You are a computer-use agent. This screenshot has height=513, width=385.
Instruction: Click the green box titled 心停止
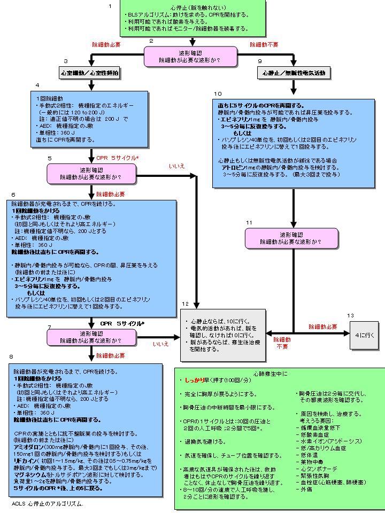click(x=193, y=18)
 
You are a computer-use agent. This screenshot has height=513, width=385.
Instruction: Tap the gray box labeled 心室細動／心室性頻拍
click(x=90, y=72)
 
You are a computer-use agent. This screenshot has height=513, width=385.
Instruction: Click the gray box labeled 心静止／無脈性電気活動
click(x=294, y=72)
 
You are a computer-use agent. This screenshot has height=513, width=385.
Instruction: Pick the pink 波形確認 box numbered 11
click(x=291, y=238)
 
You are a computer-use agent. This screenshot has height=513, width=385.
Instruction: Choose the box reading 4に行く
click(x=365, y=335)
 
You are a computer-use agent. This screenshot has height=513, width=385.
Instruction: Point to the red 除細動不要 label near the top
click(x=264, y=45)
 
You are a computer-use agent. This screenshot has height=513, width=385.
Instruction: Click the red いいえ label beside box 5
click(x=176, y=166)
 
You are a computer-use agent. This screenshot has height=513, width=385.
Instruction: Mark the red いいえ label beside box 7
click(x=161, y=344)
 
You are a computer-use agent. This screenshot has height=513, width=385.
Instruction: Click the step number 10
click(x=218, y=94)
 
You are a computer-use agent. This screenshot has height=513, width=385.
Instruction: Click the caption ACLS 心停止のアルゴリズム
click(x=48, y=503)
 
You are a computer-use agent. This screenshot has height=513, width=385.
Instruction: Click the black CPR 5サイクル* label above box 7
click(x=122, y=324)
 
